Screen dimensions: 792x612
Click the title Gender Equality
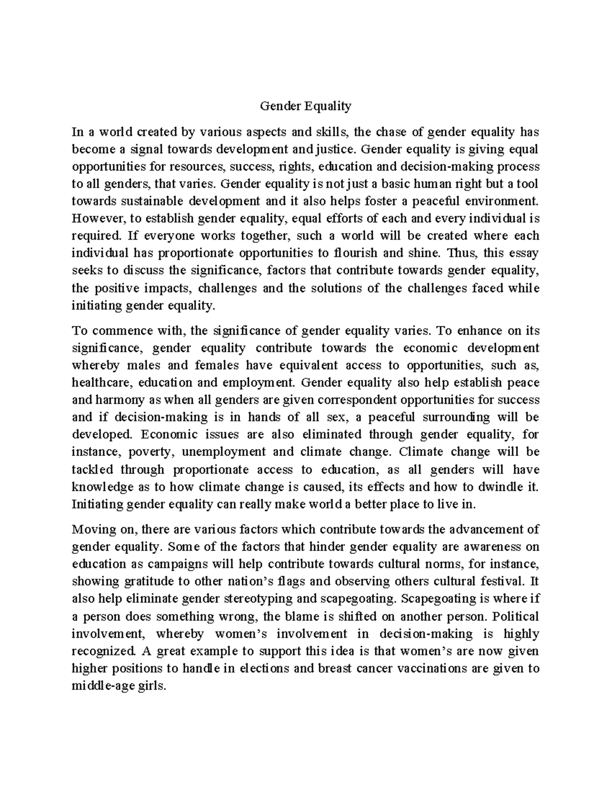[x=305, y=107]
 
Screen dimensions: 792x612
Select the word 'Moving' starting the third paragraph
[x=91, y=530]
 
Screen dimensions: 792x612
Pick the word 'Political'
[x=515, y=616]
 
